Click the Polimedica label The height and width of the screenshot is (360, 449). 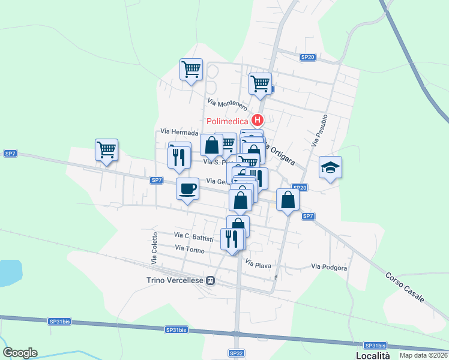[228, 121]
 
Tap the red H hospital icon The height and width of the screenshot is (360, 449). [257, 121]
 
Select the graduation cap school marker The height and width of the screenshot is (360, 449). [330, 168]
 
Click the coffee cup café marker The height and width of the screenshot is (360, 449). [187, 188]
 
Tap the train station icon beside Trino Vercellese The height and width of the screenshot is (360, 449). [211, 280]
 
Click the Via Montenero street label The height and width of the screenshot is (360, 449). [228, 104]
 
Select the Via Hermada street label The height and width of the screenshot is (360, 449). [179, 131]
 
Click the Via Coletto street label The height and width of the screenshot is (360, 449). [154, 248]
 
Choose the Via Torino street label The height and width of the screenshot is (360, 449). [189, 248]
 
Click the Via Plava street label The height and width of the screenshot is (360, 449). [259, 263]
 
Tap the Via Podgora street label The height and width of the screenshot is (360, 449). [329, 268]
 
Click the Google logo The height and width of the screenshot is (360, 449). [20, 353]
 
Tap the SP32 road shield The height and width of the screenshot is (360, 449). [236, 353]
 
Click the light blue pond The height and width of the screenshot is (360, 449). [9, 272]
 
